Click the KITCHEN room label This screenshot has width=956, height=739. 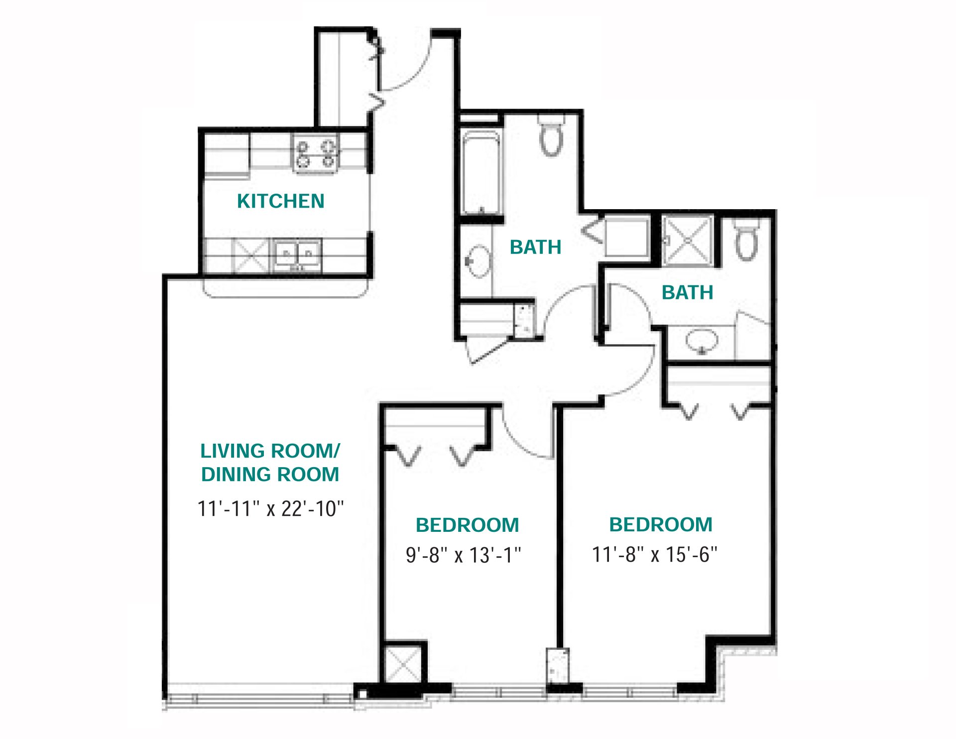pos(280,201)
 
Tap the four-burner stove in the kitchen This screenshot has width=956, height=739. pos(316,153)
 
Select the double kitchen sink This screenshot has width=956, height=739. pos(297,255)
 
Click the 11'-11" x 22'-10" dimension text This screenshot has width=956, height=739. pos(270,509)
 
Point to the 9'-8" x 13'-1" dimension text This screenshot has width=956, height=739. pos(463,555)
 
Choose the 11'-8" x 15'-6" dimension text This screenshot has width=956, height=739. pos(654,554)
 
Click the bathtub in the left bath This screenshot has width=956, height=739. pos(480,172)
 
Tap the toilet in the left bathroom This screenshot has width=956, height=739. pos(551,136)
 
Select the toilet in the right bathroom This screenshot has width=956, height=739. pos(746,242)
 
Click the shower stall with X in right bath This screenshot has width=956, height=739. pos(688,240)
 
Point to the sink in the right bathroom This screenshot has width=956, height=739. pos(702,341)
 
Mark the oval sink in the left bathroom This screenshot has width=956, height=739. pos(479,261)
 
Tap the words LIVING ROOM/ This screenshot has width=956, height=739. pos(270,451)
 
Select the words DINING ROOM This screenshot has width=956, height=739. pos(270,475)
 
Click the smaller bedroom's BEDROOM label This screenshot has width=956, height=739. pos(467,525)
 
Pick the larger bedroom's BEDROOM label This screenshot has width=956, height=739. pos(661,525)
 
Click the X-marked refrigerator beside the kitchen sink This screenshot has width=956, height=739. pos(250,256)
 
